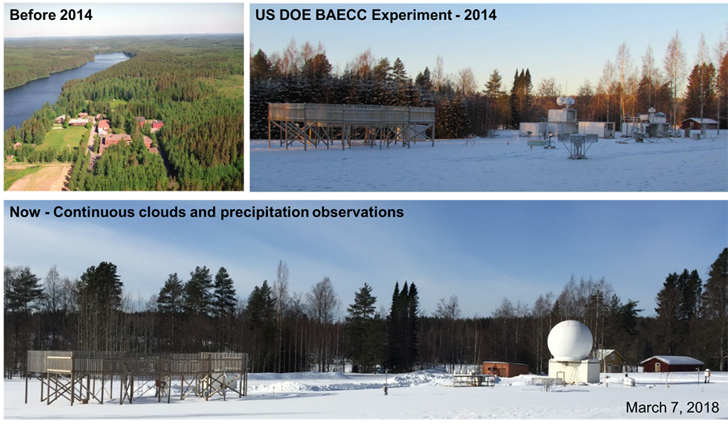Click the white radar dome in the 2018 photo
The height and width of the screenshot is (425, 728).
coord(569,340)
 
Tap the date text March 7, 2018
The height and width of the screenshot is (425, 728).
coord(673,407)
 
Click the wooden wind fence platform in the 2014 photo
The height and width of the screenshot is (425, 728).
coord(351,125)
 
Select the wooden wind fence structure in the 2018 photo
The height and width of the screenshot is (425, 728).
coord(136,376)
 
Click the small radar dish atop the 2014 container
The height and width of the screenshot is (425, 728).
coord(565,101)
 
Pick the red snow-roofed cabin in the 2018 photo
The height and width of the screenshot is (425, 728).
coord(673,364)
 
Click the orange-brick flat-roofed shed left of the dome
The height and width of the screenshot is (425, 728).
coord(505,369)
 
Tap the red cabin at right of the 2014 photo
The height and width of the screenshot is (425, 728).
coord(700,123)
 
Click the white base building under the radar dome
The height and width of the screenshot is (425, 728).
coord(574,371)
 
